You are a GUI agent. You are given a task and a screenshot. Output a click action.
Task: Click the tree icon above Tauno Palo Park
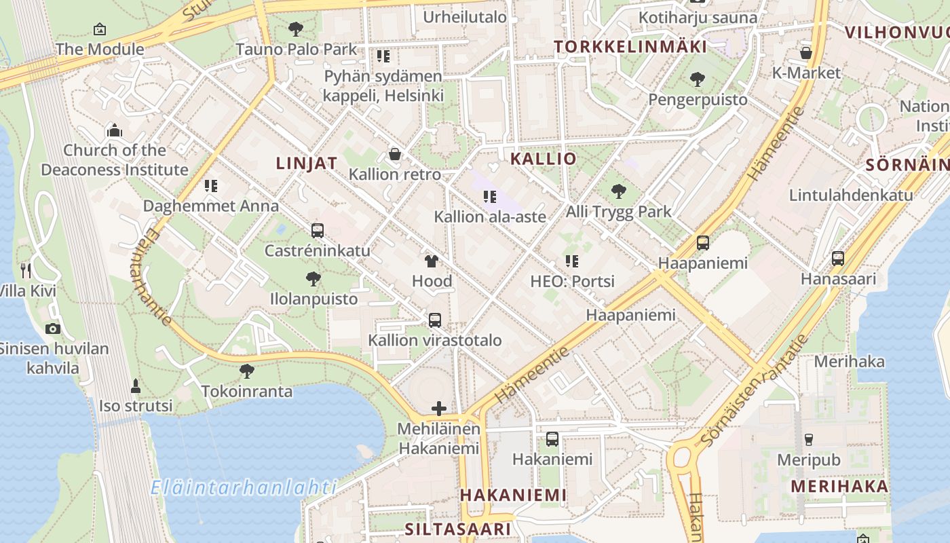tap(295, 29)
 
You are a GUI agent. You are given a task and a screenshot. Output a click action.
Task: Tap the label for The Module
tap(100, 49)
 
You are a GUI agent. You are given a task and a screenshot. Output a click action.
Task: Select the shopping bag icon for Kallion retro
tap(395, 155)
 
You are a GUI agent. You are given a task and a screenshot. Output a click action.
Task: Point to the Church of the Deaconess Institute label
tap(115, 160)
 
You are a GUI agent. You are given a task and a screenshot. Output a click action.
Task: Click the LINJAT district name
tap(307, 163)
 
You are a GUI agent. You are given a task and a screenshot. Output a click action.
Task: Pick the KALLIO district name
tap(543, 159)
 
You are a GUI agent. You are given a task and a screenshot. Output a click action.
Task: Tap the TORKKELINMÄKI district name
tap(630, 46)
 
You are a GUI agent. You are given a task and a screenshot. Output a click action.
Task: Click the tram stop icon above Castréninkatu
tap(317, 231)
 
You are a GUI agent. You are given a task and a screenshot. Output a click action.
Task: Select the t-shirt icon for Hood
tap(432, 261)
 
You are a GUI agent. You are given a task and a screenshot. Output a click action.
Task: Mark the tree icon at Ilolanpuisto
tap(313, 278)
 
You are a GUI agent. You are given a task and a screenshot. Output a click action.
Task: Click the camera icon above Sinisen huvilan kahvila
tap(52, 329)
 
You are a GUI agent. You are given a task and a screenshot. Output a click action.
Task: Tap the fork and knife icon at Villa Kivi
tap(26, 271)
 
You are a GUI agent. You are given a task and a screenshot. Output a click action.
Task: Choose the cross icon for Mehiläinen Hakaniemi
tap(439, 409)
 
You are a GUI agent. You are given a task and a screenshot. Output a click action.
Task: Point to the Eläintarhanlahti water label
tap(244, 487)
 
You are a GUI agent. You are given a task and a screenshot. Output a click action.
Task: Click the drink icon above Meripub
tap(808, 439)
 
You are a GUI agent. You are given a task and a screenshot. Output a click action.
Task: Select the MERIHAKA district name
tap(839, 486)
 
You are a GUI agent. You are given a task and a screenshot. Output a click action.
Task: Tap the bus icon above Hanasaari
tap(838, 259)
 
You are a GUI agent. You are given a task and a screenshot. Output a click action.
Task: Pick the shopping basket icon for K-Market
tap(806, 53)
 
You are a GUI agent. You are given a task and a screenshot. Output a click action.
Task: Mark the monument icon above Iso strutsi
tap(136, 386)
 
